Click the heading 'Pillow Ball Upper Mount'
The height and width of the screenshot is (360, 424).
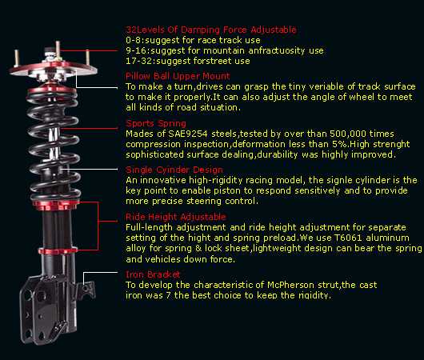pyautogui.click(x=178, y=76)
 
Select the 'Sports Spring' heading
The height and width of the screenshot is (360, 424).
pyautogui.click(x=156, y=123)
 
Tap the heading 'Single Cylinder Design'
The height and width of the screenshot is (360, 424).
pyautogui.click(x=174, y=170)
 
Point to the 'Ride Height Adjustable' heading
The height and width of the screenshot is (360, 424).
pyautogui.click(x=176, y=217)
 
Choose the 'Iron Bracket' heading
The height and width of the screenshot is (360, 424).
pyautogui.click(x=153, y=274)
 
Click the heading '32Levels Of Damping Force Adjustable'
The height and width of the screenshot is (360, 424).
pyautogui.click(x=211, y=30)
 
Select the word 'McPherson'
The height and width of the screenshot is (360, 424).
pyautogui.click(x=290, y=285)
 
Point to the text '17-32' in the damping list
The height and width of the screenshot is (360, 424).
pyautogui.click(x=138, y=61)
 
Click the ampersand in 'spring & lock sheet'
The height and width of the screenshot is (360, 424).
pyautogui.click(x=198, y=248)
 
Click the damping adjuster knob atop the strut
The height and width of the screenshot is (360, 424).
pyautogui.click(x=50, y=51)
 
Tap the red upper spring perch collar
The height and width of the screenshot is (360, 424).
pyautogui.click(x=52, y=90)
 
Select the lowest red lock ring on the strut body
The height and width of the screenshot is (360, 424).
pyautogui.click(x=58, y=250)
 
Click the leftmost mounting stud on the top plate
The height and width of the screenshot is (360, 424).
pyautogui.click(x=17, y=58)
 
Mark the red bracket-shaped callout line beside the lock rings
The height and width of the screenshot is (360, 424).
pyautogui.click(x=98, y=226)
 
